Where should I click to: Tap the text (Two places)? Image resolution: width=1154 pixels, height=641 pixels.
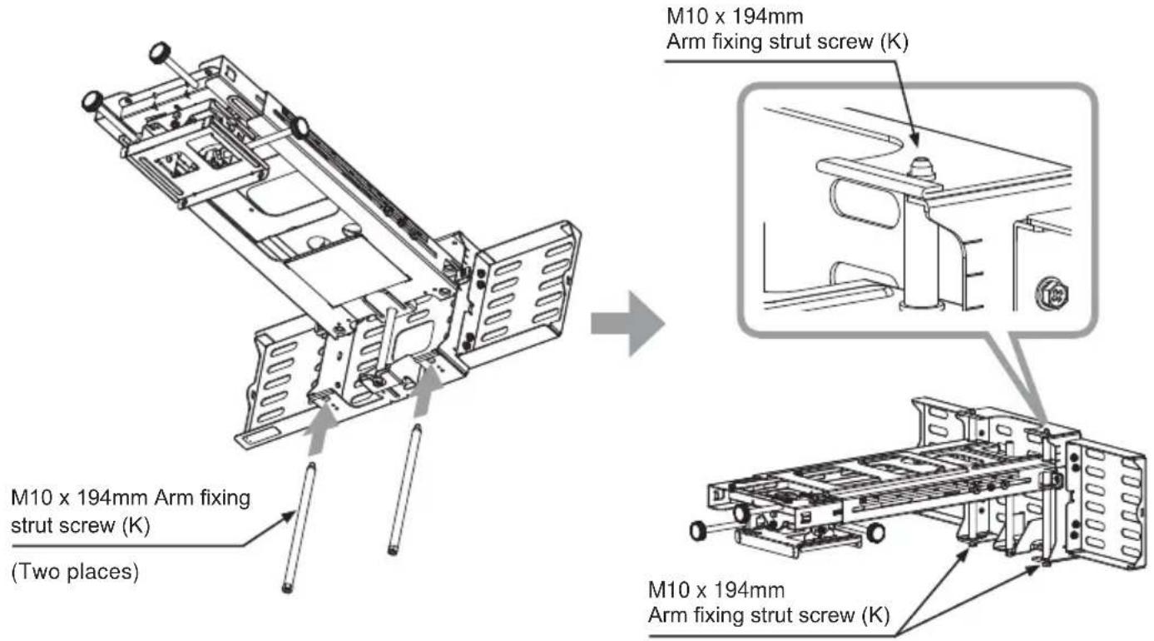[x=75, y=572]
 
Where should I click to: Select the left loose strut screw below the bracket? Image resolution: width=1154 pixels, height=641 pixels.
[x=299, y=528]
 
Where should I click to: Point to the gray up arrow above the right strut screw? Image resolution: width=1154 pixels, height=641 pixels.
[x=428, y=391]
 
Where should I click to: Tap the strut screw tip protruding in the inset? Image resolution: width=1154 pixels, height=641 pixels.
[x=921, y=169]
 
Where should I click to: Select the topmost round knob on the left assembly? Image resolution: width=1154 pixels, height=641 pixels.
[x=161, y=52]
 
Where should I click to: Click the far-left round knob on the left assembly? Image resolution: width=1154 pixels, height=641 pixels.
[x=92, y=101]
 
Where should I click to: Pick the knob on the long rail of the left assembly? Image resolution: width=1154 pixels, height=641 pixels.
[x=300, y=128]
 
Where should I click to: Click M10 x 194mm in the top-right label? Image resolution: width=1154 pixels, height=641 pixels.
[x=735, y=17]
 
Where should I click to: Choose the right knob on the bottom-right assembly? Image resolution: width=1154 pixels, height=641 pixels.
[x=875, y=532]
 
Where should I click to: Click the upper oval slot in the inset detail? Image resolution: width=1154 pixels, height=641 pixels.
[x=864, y=203]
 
